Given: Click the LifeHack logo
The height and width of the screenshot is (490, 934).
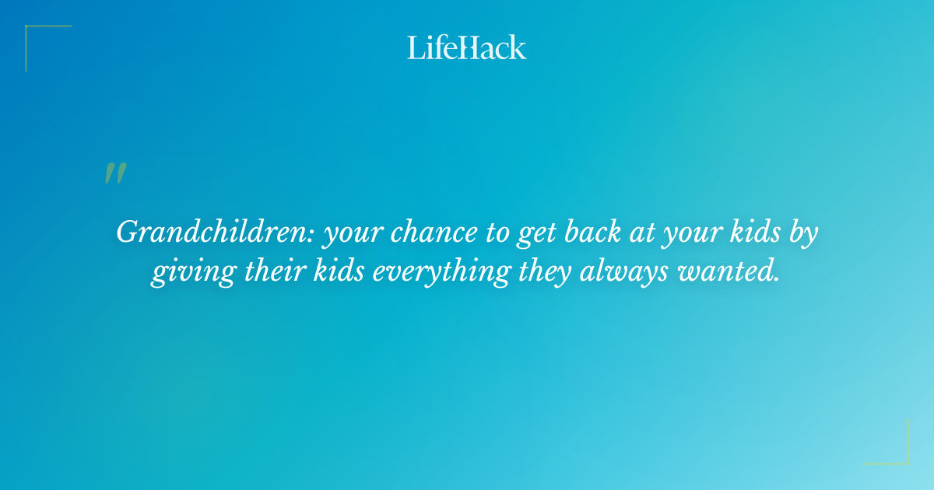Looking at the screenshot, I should click(x=467, y=47).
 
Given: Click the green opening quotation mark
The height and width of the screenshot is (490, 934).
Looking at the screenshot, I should click(x=115, y=173).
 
